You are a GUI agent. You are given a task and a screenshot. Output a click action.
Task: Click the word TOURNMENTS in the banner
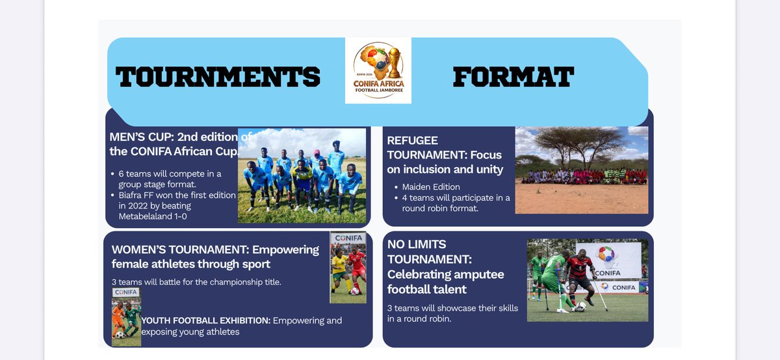(x=218, y=77)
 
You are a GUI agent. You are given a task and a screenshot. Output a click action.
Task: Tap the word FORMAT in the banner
(x=513, y=77)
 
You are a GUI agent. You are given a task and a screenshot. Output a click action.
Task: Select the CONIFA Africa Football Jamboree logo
(x=378, y=70)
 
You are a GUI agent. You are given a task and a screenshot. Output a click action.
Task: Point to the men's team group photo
(x=302, y=175)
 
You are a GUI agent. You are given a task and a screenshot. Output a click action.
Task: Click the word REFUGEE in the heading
(x=412, y=140)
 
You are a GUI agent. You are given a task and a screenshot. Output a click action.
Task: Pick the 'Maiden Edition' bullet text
(x=431, y=187)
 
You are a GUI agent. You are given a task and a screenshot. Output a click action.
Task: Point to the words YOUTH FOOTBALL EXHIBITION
(x=205, y=320)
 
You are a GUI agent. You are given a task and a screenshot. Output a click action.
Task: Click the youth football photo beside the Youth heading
(x=126, y=316)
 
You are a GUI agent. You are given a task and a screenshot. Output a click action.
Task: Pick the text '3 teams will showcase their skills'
(x=452, y=307)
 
